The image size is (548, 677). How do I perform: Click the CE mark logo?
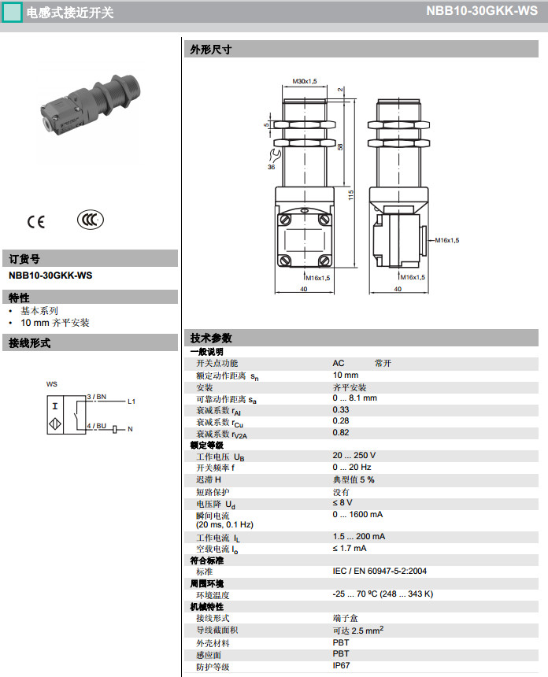pyautogui.click(x=36, y=221)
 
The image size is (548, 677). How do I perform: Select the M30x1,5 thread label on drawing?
pyautogui.click(x=305, y=81)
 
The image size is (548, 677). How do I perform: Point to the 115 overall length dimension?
pyautogui.click(x=351, y=194)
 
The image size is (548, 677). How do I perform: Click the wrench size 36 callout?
pyautogui.click(x=271, y=167)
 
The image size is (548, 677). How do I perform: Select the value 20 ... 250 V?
pyautogui.click(x=354, y=456)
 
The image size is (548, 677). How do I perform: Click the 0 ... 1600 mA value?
pyautogui.click(x=357, y=514)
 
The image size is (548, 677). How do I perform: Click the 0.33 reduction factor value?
pyautogui.click(x=341, y=409)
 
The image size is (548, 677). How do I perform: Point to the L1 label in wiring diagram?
pyautogui.click(x=132, y=401)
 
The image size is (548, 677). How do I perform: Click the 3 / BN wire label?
pyautogui.click(x=97, y=397)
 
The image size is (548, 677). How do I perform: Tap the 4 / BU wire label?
pyautogui.click(x=97, y=425)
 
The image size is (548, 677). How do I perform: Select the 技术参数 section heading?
pyautogui.click(x=211, y=338)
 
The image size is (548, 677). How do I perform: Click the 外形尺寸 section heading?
pyautogui.click(x=211, y=49)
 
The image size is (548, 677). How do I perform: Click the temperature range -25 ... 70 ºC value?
pyautogui.click(x=383, y=594)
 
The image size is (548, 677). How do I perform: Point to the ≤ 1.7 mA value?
pyautogui.click(x=350, y=549)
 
